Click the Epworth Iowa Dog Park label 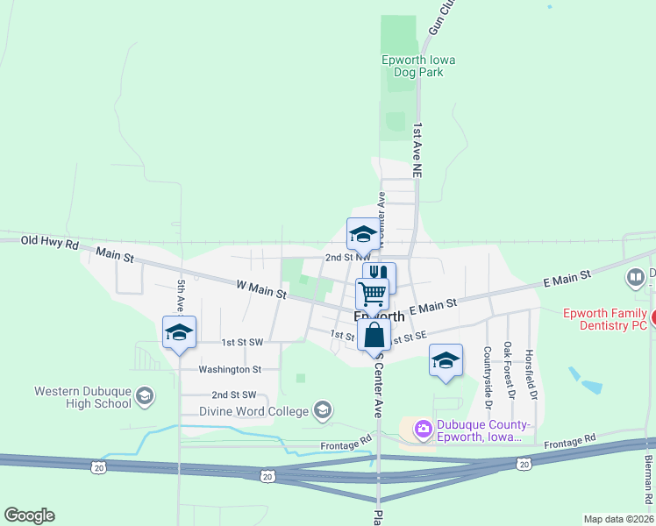417,66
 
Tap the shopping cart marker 373,294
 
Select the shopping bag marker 374,334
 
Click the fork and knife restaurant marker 380,278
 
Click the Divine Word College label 253,410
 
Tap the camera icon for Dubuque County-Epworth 423,428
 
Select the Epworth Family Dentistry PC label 604,318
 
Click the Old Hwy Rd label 50,240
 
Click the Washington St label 230,370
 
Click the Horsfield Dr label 529,369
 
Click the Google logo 29,515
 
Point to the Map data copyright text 617,519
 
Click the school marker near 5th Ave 179,332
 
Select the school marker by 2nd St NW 363,234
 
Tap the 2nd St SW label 234,395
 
